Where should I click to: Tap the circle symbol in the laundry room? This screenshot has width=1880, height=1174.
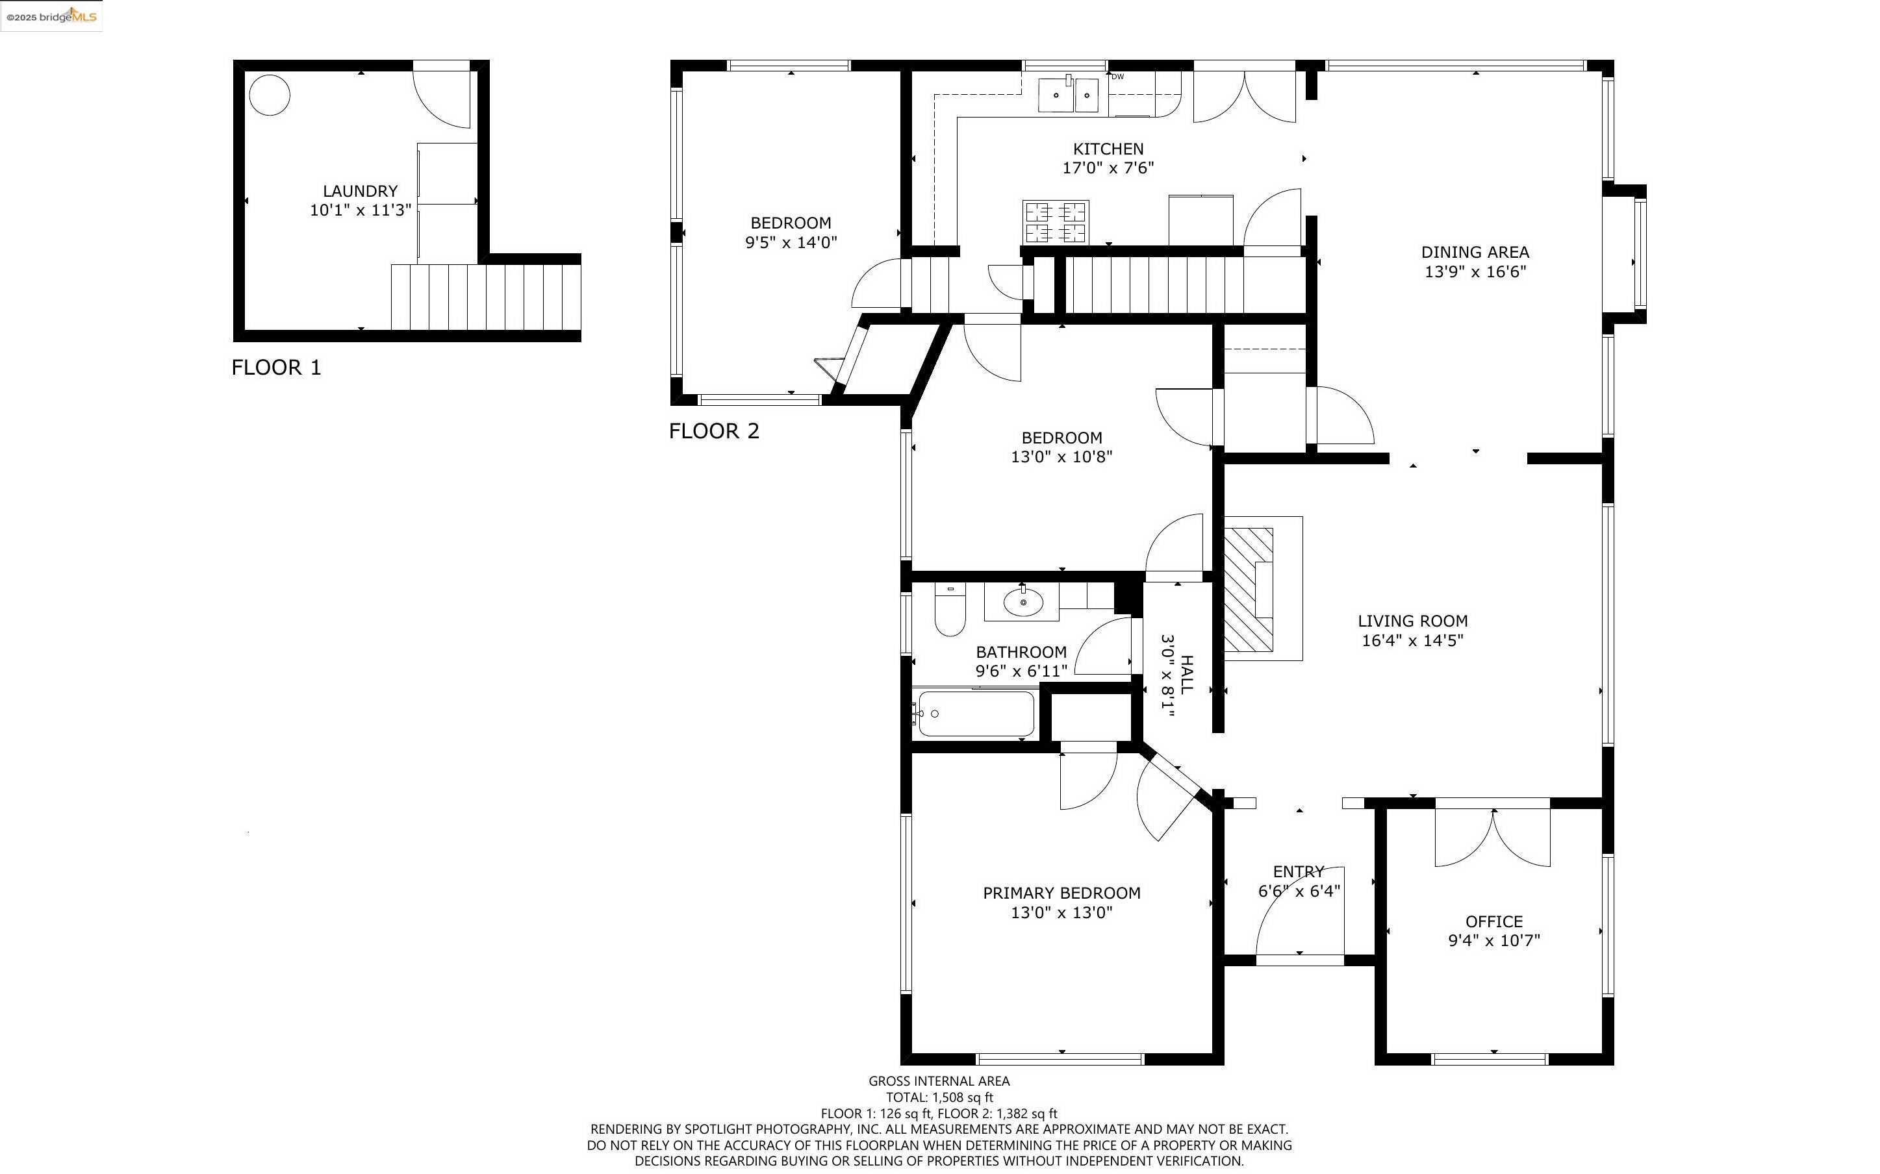click(x=270, y=95)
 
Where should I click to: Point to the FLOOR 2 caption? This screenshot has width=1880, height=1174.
click(x=714, y=431)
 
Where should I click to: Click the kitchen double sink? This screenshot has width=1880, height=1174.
click(x=1069, y=95)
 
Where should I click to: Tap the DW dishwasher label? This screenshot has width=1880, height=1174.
click(x=1117, y=77)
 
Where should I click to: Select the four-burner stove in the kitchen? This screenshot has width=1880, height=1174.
click(x=1056, y=222)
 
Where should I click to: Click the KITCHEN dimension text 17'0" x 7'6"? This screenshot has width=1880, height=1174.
click(x=1108, y=168)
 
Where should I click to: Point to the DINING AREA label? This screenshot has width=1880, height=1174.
click(x=1475, y=253)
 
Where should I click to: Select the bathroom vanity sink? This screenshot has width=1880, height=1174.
click(x=1022, y=602)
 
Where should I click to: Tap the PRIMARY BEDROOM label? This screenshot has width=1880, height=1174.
click(x=1061, y=893)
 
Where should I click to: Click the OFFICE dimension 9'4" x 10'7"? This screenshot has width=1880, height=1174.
click(x=1494, y=940)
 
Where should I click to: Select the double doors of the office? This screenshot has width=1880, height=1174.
click(x=1493, y=837)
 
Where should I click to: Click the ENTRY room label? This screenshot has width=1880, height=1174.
click(x=1299, y=872)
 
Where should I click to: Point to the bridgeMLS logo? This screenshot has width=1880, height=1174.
click(x=51, y=16)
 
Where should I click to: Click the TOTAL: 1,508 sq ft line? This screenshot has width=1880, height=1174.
click(x=939, y=1097)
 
